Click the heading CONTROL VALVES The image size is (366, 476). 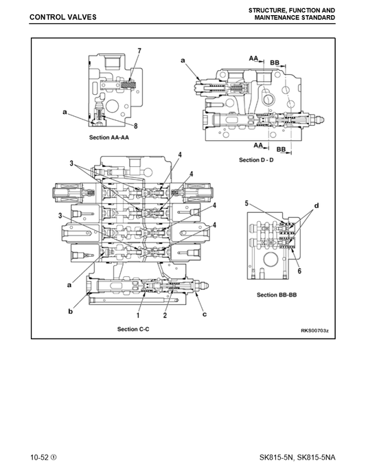(x=62, y=17)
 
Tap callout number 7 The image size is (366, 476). (x=139, y=51)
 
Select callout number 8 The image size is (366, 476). (x=136, y=126)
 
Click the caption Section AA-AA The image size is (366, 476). (x=109, y=137)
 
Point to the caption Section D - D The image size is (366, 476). (x=256, y=160)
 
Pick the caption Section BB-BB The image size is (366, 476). (x=277, y=295)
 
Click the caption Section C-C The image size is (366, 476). (x=133, y=329)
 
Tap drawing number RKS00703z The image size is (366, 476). (x=314, y=330)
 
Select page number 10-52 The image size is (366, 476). (x=39, y=457)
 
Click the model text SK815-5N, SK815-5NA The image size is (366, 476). (x=297, y=457)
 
